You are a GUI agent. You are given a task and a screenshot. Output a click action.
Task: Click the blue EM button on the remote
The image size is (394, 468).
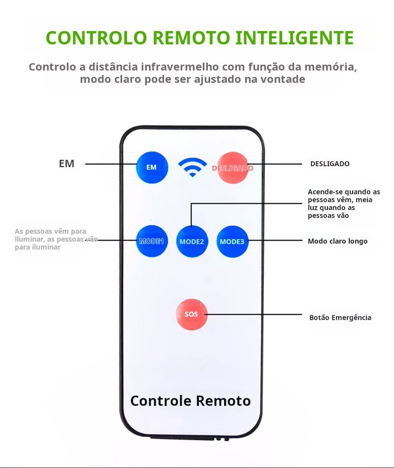[x=152, y=167]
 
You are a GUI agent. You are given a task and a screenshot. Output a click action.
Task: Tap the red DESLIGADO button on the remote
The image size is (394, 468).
[x=232, y=168]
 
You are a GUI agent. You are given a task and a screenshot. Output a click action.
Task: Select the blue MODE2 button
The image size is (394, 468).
[x=192, y=242]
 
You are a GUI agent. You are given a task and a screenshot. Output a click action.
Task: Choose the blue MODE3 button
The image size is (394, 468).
[x=232, y=242]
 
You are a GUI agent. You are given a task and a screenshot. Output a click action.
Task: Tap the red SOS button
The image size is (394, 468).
[x=192, y=314]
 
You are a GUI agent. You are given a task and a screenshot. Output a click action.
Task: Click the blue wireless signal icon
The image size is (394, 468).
[x=193, y=167]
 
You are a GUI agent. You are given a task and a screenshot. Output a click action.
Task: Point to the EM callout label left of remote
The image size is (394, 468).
[x=66, y=164]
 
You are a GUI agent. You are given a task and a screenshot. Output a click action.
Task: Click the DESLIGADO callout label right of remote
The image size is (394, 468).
[x=329, y=164]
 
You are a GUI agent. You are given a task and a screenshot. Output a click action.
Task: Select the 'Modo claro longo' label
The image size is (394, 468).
[x=337, y=241]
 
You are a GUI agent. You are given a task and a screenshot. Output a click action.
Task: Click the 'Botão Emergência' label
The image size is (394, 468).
[x=340, y=318]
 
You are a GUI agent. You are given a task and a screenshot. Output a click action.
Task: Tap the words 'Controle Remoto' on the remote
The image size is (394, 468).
[x=191, y=400]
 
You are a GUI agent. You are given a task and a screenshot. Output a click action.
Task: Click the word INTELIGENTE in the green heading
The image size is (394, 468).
[x=294, y=38]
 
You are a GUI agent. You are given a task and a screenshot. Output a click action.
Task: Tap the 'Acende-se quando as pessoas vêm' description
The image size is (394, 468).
[x=343, y=203]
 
